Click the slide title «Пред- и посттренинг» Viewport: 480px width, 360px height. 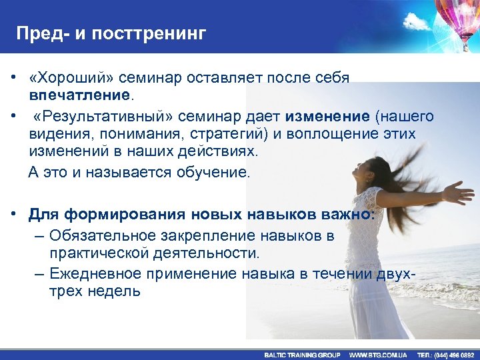click(111, 33)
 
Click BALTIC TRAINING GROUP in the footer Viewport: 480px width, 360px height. click(302, 355)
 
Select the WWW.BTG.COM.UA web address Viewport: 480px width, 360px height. click(378, 355)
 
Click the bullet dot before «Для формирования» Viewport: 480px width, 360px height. click(13, 214)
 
